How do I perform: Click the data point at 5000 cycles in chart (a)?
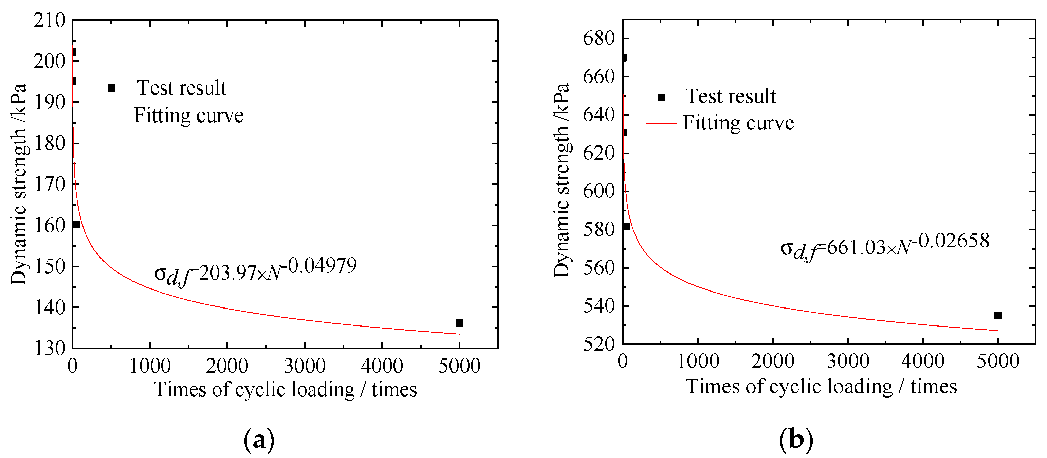(459, 323)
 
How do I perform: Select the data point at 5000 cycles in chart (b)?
(998, 316)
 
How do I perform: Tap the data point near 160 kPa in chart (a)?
(76, 225)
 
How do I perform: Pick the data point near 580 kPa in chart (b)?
(627, 227)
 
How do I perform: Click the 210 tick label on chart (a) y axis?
(49, 20)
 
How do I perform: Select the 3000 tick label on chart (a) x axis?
(305, 366)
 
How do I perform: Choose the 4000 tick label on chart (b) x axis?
(923, 362)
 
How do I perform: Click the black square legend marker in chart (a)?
(112, 88)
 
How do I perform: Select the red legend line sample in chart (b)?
(661, 124)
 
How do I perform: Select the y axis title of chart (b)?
(562, 181)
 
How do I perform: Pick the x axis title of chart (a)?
(285, 390)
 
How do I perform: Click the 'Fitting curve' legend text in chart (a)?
(189, 116)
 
